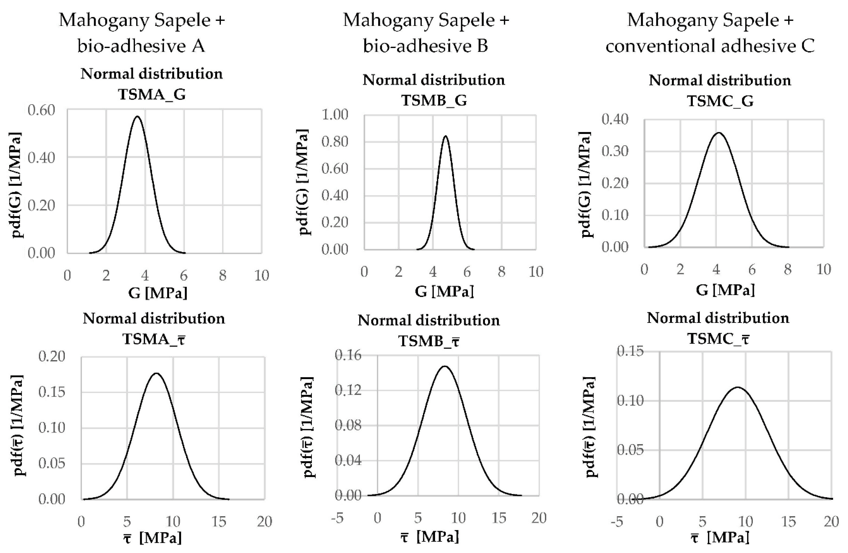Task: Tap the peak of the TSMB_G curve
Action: [x=445, y=136]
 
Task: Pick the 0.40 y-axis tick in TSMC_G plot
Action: [x=615, y=119]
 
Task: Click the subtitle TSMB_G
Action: [x=434, y=101]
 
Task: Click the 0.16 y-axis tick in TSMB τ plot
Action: [x=348, y=355]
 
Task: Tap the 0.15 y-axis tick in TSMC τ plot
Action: [x=630, y=352]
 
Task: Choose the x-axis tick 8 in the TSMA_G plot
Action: [x=223, y=275]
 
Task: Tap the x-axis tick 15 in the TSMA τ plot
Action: [x=219, y=522]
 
